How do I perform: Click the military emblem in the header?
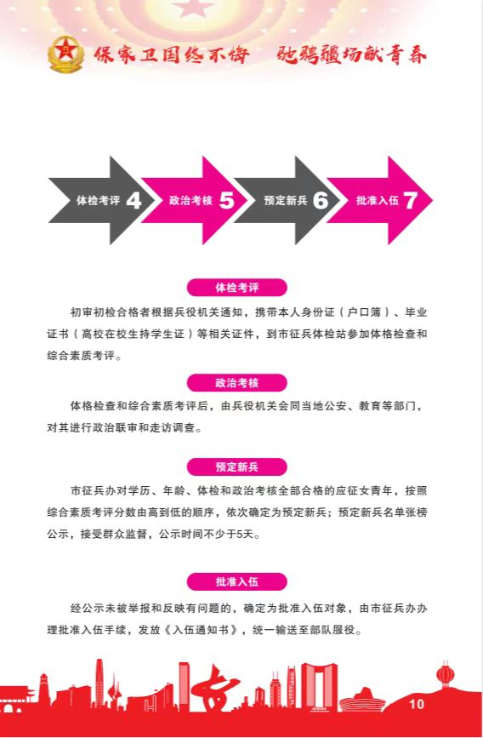coord(65,54)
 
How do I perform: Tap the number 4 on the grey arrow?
coord(134,201)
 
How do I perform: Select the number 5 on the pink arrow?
coord(227,201)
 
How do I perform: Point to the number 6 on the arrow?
coord(321,201)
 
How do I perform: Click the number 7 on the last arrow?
coord(411,201)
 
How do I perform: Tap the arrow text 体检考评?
coord(99,201)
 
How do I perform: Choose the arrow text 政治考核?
coord(191,201)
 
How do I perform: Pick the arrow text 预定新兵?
coord(286,201)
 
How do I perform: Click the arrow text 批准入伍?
coord(378,201)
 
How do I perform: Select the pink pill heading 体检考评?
coord(237,288)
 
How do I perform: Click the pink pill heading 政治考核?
coord(237,383)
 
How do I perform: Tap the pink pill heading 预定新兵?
coord(237,467)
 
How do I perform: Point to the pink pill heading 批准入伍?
coord(237,581)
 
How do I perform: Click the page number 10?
coord(417,704)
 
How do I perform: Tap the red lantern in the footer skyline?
coord(445,674)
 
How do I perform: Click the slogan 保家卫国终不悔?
coord(171,55)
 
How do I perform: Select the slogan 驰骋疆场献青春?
coord(352,55)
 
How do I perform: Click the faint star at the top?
coord(193,8)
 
